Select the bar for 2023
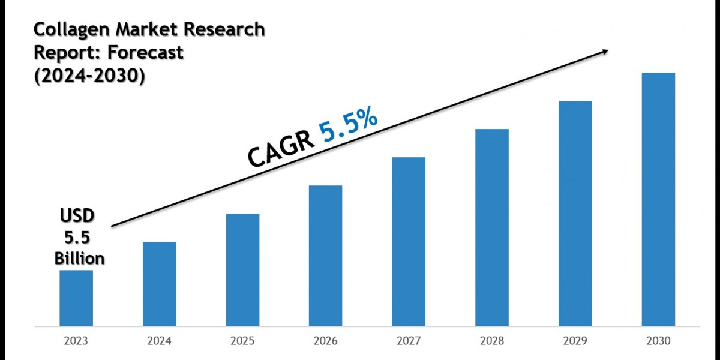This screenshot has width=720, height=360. click(x=76, y=298)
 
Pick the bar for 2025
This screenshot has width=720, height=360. click(x=243, y=269)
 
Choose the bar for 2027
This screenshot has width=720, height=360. click(x=409, y=241)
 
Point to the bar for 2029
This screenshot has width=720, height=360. click(x=575, y=213)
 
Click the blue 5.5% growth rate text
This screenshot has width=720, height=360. click(x=348, y=126)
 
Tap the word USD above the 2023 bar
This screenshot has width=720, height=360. click(x=76, y=215)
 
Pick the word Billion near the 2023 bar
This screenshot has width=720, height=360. click(x=80, y=259)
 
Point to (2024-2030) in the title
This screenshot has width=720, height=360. click(x=89, y=77)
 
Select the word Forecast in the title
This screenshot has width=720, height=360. click(x=146, y=52)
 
